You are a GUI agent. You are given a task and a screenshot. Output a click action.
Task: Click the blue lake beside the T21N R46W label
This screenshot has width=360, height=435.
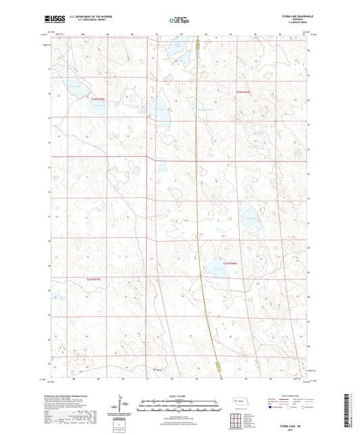pos(249,217)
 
